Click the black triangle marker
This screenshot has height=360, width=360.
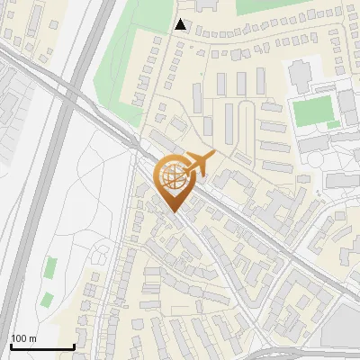pos(181,24)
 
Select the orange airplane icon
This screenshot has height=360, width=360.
pos(199,163)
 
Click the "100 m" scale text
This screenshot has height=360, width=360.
pos(23,338)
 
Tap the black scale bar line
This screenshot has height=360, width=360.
pos(41,346)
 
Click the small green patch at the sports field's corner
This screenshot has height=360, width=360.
pos(334,124)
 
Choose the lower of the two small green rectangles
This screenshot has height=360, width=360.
pos(46,299)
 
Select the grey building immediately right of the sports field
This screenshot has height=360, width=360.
pos(347,106)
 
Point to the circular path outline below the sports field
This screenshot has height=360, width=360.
pos(316,159)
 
